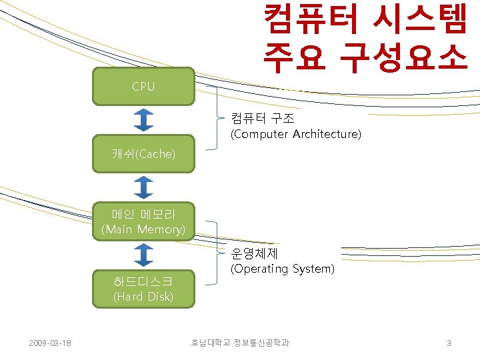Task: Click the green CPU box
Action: tap(143, 87)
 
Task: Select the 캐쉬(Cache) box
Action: tap(143, 154)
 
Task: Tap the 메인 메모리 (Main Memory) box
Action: tap(143, 222)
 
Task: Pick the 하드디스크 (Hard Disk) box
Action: tap(143, 289)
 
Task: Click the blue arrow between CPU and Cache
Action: tap(143, 121)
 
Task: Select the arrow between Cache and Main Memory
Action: tap(143, 187)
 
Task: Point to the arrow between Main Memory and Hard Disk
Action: tap(143, 255)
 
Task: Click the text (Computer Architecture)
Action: tap(296, 135)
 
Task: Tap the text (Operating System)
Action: tap(282, 269)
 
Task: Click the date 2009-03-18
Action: tap(51, 343)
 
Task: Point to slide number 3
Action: tap(449, 343)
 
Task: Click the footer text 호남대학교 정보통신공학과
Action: tap(240, 343)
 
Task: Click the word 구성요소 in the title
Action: tap(403, 58)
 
